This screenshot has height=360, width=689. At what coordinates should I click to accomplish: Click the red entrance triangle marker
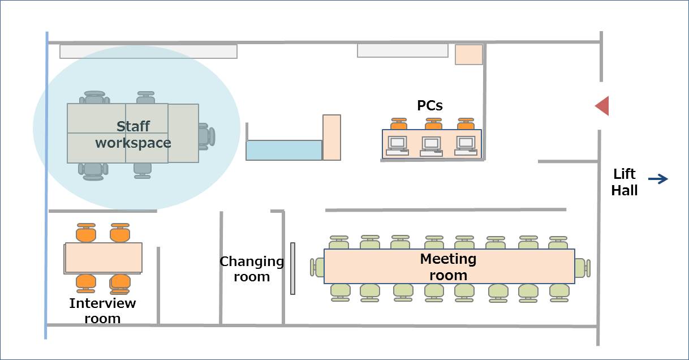(x=604, y=106)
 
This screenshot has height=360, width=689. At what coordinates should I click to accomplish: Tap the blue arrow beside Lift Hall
(x=658, y=179)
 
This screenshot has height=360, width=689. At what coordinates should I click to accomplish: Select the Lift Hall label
(x=624, y=182)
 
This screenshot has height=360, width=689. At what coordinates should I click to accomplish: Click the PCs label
(x=430, y=105)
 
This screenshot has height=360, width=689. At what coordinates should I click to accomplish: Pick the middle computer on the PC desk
(x=431, y=147)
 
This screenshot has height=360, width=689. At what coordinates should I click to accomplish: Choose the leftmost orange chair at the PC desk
(x=399, y=124)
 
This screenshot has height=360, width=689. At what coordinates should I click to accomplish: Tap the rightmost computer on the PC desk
(x=466, y=146)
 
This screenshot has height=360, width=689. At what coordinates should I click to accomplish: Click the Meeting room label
(x=448, y=267)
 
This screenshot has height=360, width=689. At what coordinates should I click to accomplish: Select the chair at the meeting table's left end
(x=317, y=267)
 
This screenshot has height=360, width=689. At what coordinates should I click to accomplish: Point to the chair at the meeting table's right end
(x=583, y=268)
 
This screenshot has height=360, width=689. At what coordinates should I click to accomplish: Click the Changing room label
(x=252, y=269)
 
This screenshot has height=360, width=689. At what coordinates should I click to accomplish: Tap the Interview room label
(x=102, y=311)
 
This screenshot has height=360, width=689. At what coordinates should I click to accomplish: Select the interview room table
(x=104, y=258)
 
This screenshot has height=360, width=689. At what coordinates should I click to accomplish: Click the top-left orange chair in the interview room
(x=86, y=233)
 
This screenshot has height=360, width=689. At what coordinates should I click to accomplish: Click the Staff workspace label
(x=133, y=135)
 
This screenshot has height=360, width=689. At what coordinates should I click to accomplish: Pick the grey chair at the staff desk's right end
(x=206, y=136)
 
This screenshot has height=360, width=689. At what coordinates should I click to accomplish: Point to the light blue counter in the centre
(x=284, y=150)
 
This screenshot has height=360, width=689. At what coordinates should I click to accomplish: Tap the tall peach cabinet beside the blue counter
(x=331, y=138)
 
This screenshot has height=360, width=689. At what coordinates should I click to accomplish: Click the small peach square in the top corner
(x=469, y=55)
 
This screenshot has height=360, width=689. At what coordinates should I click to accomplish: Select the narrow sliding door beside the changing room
(x=293, y=268)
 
